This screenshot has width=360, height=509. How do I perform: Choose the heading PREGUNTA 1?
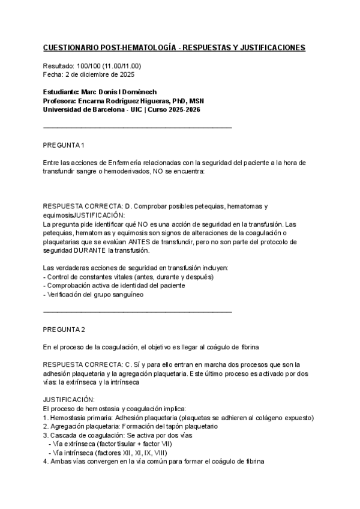(65, 146)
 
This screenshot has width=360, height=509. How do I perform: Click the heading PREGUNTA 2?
(65, 330)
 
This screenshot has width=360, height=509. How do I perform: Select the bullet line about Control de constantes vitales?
(128, 277)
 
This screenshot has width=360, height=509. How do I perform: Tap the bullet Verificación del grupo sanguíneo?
(94, 294)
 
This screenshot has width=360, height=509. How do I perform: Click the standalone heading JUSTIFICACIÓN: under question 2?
(68, 400)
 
